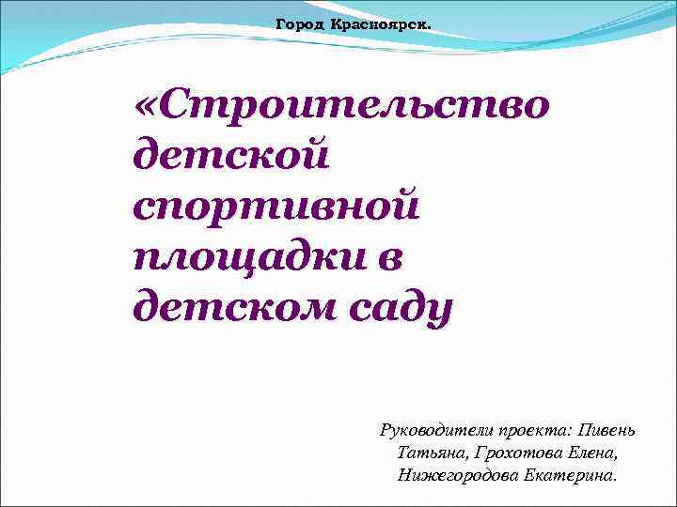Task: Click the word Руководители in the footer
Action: point(430,430)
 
